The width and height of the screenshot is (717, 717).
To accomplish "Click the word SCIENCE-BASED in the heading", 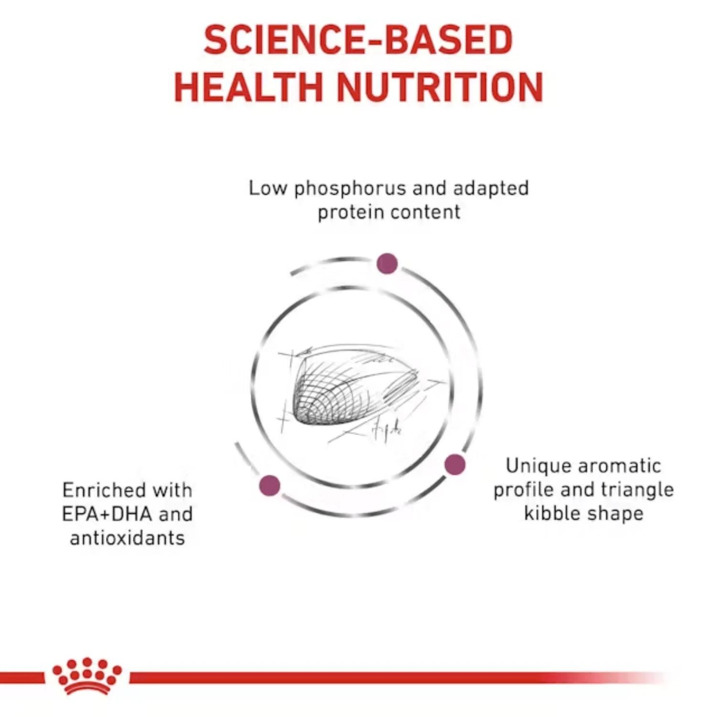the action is pos(358,40).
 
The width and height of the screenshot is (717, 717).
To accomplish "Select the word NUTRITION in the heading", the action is pos(440,87).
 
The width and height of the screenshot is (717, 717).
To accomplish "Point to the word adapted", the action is pos(490,189).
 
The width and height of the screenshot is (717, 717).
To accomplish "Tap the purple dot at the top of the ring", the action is pos(387,263).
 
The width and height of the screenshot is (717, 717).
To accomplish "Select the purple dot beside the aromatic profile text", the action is pos(455,464).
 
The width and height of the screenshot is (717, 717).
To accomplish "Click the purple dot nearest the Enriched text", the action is pos(270,485).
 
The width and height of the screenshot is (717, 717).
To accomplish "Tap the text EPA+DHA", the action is pos(107,514).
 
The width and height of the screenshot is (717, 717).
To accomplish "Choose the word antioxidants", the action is pos(127,538).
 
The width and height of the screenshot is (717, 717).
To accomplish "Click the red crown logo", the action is pos(87,676).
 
